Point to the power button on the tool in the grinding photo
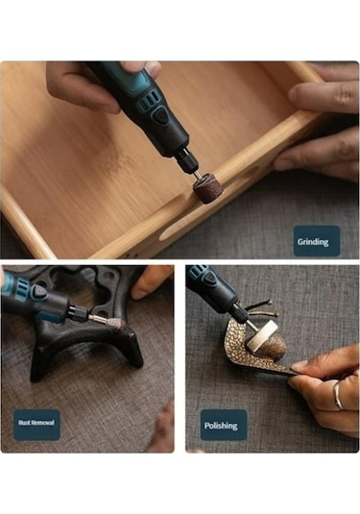[x=160, y=116]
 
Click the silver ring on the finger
[x=337, y=395]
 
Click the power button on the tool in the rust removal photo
[x=38, y=292]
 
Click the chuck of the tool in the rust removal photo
[x=79, y=312]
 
